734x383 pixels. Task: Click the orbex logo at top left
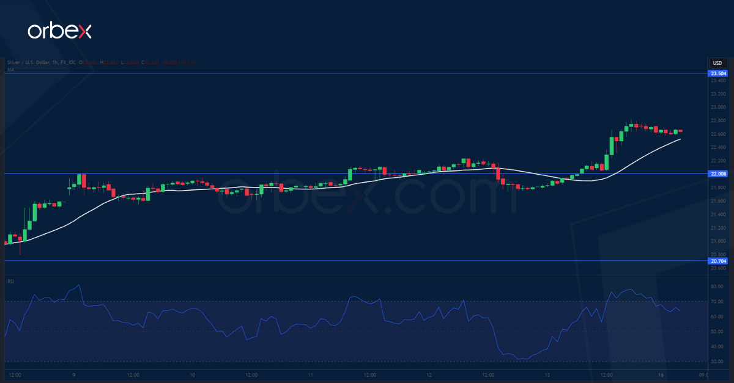coord(59,31)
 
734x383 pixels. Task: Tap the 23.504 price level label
coord(718,74)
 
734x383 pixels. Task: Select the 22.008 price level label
coord(718,174)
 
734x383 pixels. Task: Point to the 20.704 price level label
coord(718,261)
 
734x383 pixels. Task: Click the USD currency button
coord(717,63)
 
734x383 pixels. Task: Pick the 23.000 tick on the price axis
coord(718,108)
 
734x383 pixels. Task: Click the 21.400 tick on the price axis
coord(718,214)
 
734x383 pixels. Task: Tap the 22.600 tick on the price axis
coord(718,134)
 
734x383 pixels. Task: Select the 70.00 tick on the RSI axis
coord(717,302)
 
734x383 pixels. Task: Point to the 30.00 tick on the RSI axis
coord(717,362)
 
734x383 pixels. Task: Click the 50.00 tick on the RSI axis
coord(717,332)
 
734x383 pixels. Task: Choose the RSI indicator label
coord(11,281)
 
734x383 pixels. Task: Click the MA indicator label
coord(10,70)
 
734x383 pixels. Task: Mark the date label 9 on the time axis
coord(73,374)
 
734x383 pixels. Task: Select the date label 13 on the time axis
coord(547,374)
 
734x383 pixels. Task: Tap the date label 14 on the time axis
coord(607,374)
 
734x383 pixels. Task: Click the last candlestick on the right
coord(681,131)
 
